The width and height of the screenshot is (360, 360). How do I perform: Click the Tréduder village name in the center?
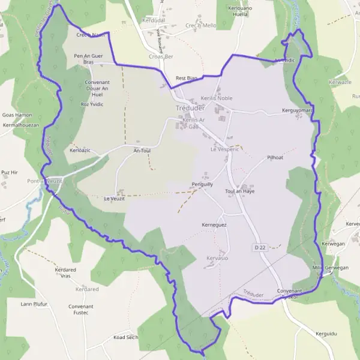tap(190, 108)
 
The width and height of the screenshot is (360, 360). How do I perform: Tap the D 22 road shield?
tap(259, 247)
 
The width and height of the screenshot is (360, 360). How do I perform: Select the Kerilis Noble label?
tap(217, 98)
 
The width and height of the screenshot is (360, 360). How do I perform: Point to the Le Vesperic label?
tap(225, 149)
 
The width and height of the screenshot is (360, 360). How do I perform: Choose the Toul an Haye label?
tap(240, 191)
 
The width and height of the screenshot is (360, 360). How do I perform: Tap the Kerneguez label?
tap(214, 224)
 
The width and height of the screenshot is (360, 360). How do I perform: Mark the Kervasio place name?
tap(217, 258)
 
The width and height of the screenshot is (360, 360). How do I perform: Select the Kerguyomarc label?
tap(298, 111)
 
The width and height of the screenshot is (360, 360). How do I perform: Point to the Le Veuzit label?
tap(114, 198)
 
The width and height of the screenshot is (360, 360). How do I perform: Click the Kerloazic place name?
tap(80, 150)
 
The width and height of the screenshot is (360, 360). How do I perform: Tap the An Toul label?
tap(142, 151)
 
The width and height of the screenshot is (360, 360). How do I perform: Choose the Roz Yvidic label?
tap(92, 104)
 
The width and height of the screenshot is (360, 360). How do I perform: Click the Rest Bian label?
tap(186, 78)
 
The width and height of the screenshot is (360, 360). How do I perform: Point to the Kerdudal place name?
tap(154, 20)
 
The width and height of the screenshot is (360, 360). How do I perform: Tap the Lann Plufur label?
tap(34, 304)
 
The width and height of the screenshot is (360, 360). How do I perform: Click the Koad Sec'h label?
tap(126, 338)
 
